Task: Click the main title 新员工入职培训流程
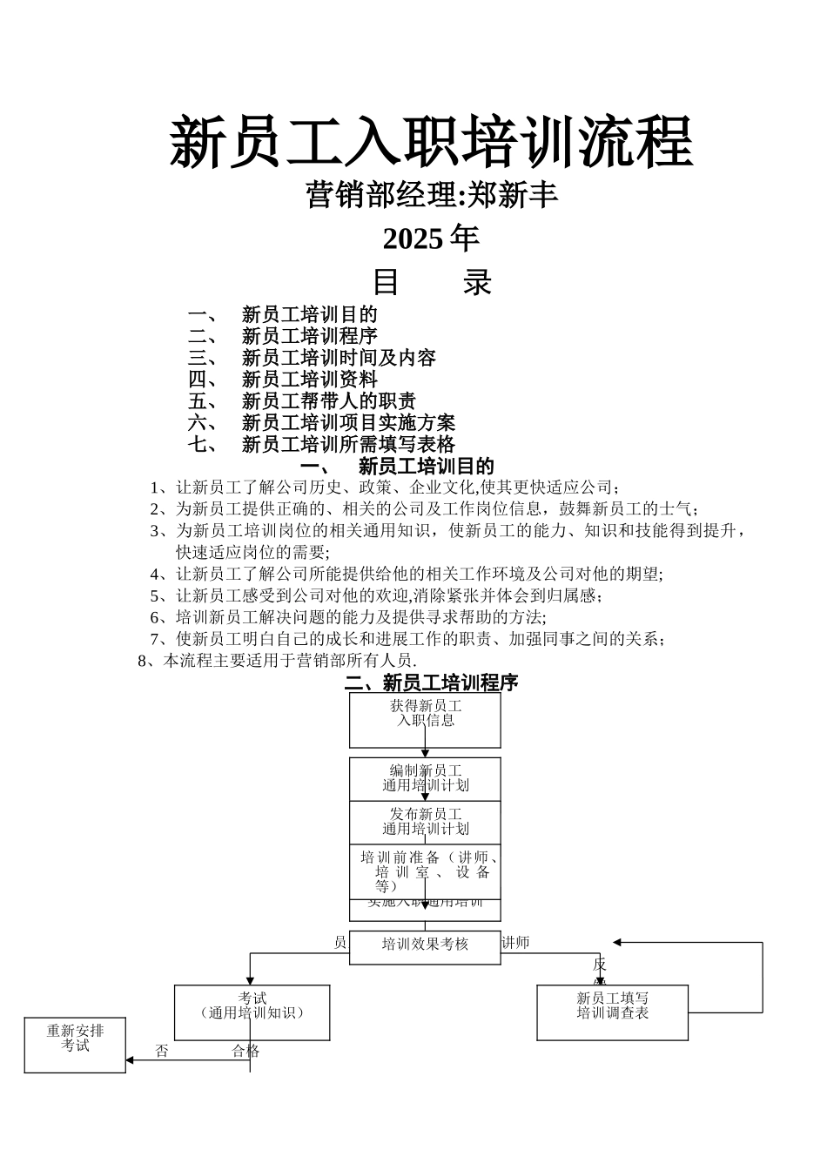pyautogui.click(x=431, y=141)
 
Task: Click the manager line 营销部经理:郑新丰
pyautogui.click(x=431, y=195)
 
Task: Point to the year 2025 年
pyautogui.click(x=431, y=238)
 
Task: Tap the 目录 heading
pyautogui.click(x=431, y=282)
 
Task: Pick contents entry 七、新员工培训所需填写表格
pyautogui.click(x=322, y=445)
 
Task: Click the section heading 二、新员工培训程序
pyautogui.click(x=431, y=682)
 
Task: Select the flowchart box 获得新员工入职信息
pyautogui.click(x=425, y=720)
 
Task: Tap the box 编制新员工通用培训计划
pyautogui.click(x=425, y=778)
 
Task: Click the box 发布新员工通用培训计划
pyautogui.click(x=425, y=822)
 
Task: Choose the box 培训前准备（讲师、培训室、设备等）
pyautogui.click(x=425, y=871)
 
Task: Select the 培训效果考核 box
pyautogui.click(x=425, y=945)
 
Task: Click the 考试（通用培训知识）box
pyautogui.click(x=252, y=1012)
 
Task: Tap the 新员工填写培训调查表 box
pyautogui.click(x=612, y=1012)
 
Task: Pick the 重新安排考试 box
pyautogui.click(x=75, y=1044)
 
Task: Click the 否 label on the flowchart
pyautogui.click(x=162, y=1052)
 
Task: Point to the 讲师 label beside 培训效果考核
pyautogui.click(x=515, y=943)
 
